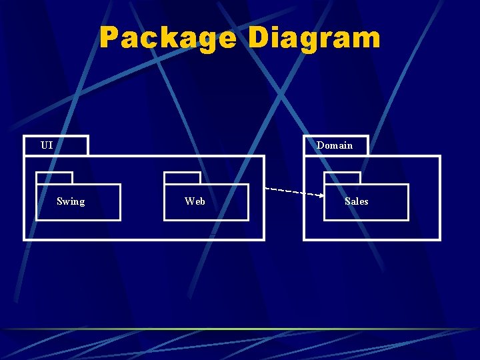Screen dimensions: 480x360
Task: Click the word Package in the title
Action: (x=167, y=38)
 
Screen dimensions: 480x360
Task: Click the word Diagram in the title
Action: (x=314, y=38)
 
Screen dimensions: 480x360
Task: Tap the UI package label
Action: (x=47, y=145)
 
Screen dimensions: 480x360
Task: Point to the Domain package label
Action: (x=334, y=145)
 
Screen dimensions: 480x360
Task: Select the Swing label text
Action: (x=71, y=201)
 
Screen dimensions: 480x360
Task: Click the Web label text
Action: (x=195, y=201)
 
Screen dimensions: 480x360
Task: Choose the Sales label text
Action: (x=356, y=201)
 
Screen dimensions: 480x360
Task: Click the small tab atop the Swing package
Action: (x=54, y=178)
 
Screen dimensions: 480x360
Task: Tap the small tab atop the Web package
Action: (x=182, y=178)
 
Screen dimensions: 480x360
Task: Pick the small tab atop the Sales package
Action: (x=342, y=178)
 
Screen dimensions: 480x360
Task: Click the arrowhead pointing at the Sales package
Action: (x=320, y=196)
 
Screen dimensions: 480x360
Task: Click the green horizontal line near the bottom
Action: (x=240, y=329)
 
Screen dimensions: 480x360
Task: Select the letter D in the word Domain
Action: (x=320, y=145)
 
